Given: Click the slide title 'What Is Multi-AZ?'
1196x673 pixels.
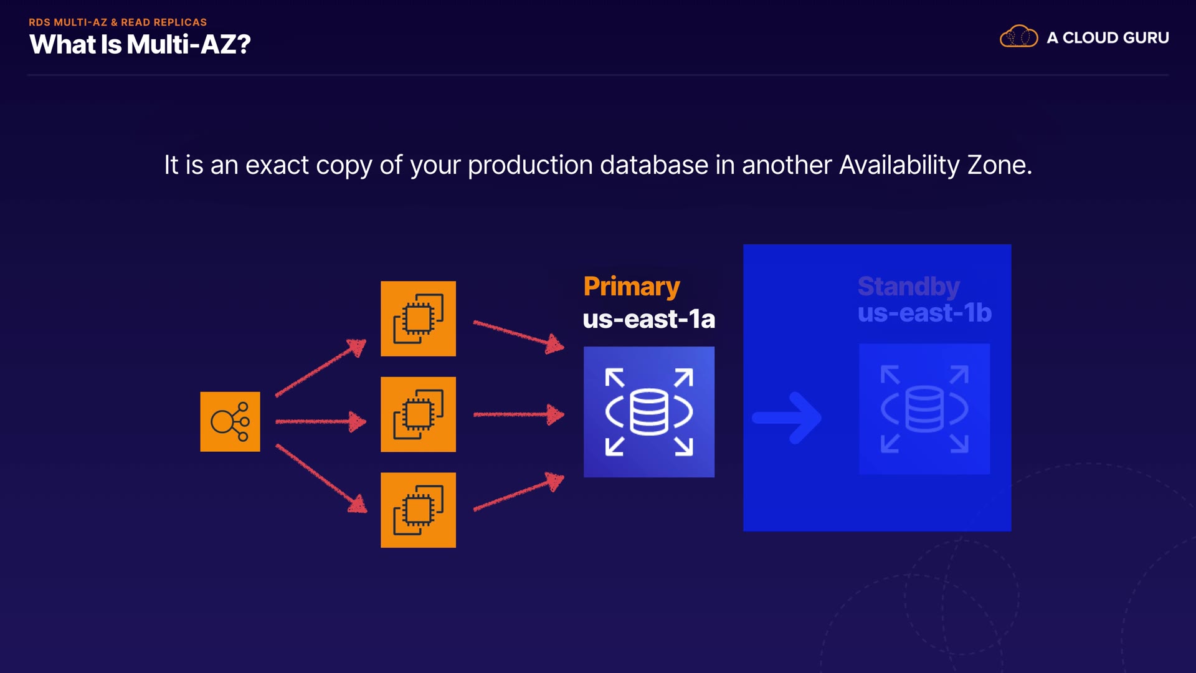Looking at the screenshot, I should tap(140, 45).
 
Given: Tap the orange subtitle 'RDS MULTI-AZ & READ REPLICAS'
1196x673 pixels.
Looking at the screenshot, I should tap(118, 22).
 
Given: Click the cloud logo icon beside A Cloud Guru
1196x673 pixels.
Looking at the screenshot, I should tap(1018, 37).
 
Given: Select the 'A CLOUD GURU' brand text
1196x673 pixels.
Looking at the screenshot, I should tap(1108, 38).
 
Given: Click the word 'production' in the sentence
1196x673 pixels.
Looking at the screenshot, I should tap(529, 166).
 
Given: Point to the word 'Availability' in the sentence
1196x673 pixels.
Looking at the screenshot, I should tap(899, 166).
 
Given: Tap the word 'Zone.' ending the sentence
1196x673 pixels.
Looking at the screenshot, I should tap(1000, 166).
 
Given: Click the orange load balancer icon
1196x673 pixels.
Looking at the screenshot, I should tap(230, 422).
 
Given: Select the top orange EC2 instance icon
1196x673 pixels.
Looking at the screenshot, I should tap(418, 319).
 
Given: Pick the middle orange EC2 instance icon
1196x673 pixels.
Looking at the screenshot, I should tap(418, 414).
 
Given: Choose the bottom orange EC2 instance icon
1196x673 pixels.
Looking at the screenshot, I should tap(418, 510).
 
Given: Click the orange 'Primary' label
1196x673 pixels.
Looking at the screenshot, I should tap(632, 287).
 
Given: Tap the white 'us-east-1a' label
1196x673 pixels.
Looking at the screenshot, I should tap(648, 319).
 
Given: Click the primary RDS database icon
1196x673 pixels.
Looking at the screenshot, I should tap(649, 412).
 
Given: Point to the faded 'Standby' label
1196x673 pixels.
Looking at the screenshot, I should tap(908, 287).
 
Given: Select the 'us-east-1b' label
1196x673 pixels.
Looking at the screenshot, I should tap(924, 313).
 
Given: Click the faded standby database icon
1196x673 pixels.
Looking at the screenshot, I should tap(924, 409).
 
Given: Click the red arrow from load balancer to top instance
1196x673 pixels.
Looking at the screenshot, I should tap(320, 368).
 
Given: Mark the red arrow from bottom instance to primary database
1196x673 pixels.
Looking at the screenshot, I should tap(518, 493).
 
